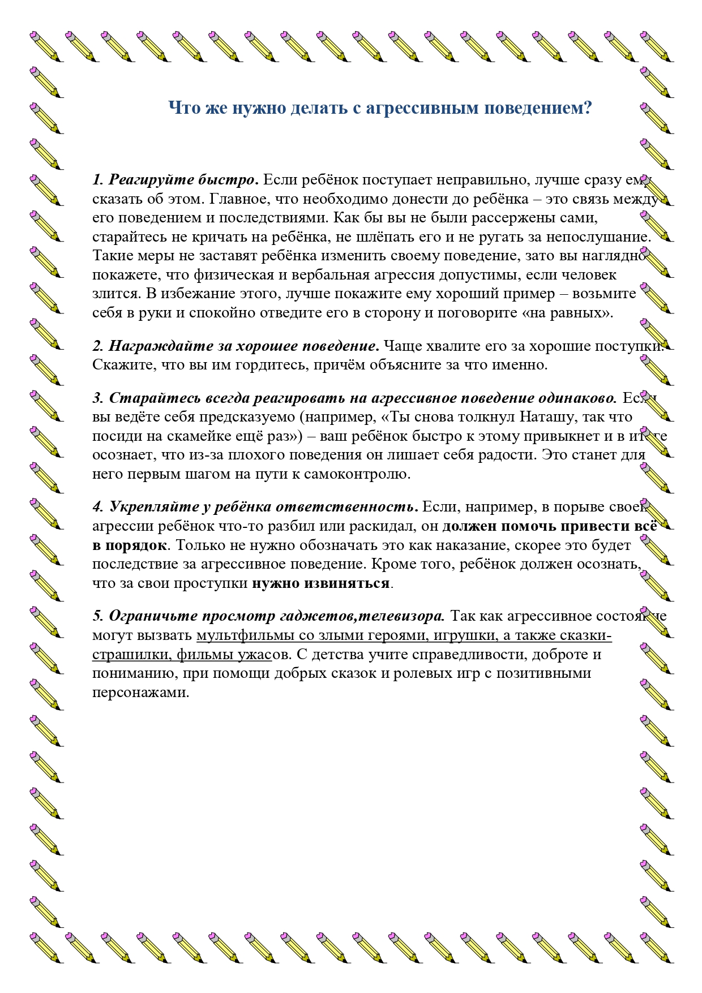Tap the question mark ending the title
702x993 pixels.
(587, 108)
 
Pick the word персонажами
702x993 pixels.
(140, 692)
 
